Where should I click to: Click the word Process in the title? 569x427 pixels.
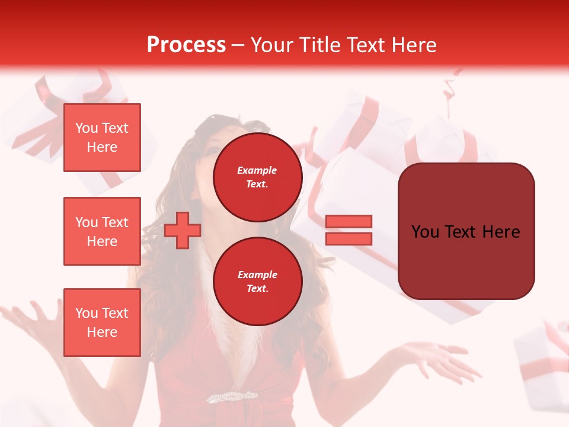[x=186, y=45]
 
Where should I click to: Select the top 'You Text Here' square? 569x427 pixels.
[x=102, y=138]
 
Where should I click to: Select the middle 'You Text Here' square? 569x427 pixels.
[x=102, y=231]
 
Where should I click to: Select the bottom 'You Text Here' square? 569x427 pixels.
[x=102, y=323]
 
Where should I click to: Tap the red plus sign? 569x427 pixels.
[x=182, y=230]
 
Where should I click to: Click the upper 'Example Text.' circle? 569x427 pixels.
[x=257, y=177]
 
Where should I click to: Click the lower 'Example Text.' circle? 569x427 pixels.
[x=257, y=282]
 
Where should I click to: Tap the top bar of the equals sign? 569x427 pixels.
[x=349, y=222]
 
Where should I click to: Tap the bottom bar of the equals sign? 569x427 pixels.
[x=349, y=238]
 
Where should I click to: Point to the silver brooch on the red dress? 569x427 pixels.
[x=232, y=396]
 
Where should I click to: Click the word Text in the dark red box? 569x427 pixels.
[x=465, y=232]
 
